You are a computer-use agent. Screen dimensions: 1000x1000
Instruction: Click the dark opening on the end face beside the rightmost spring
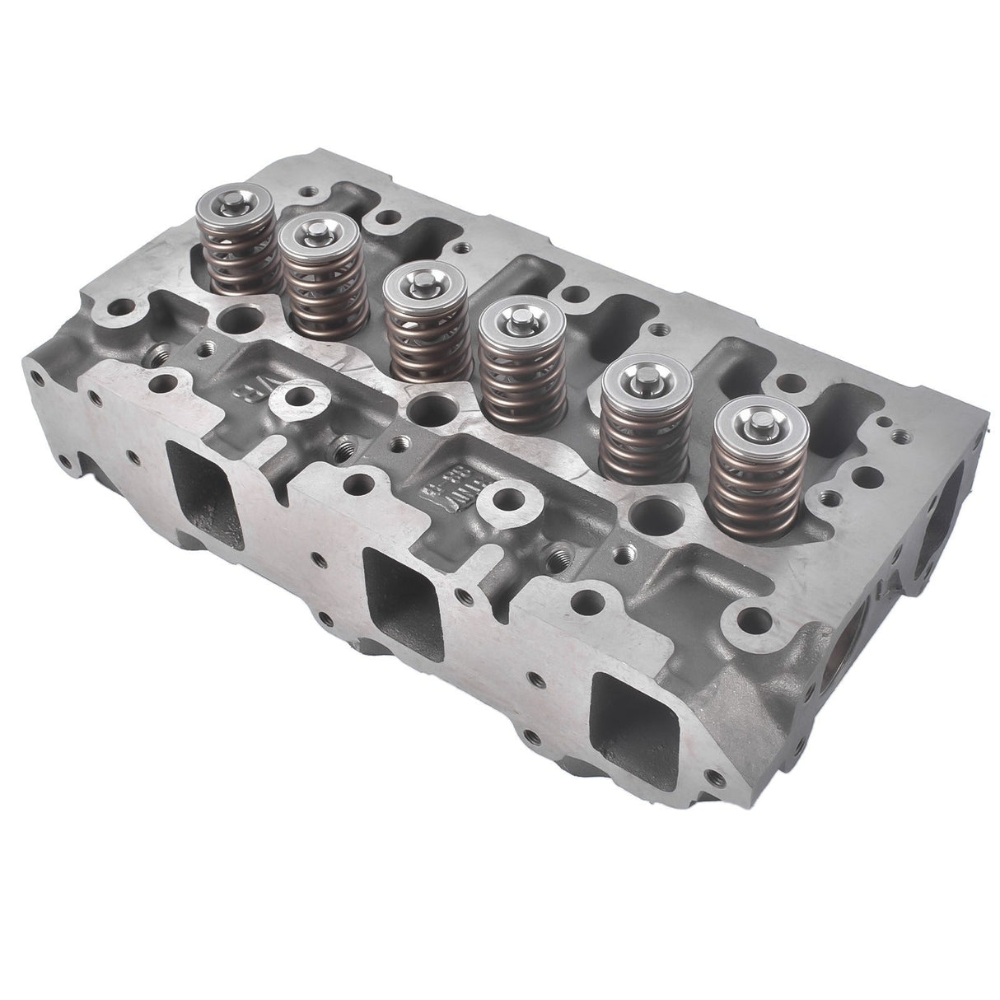[940, 511]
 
